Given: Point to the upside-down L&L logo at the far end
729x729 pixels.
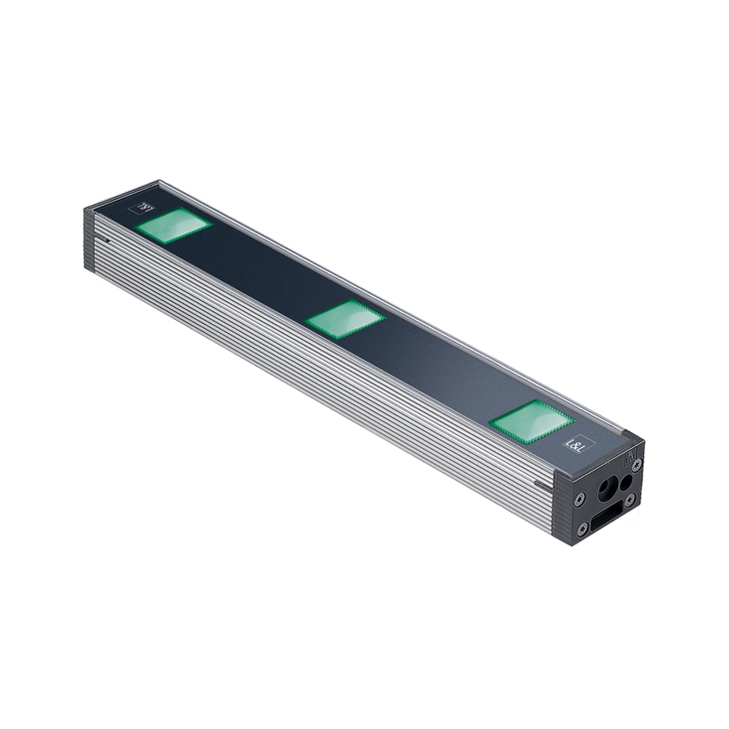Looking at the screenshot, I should (146, 207).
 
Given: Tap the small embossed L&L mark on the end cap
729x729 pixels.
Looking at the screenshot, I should (629, 458).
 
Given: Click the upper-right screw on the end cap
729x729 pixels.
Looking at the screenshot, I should (638, 464).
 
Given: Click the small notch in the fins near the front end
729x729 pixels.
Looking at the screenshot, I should (539, 484).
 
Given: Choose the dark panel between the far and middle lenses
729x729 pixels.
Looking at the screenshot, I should (259, 272).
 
